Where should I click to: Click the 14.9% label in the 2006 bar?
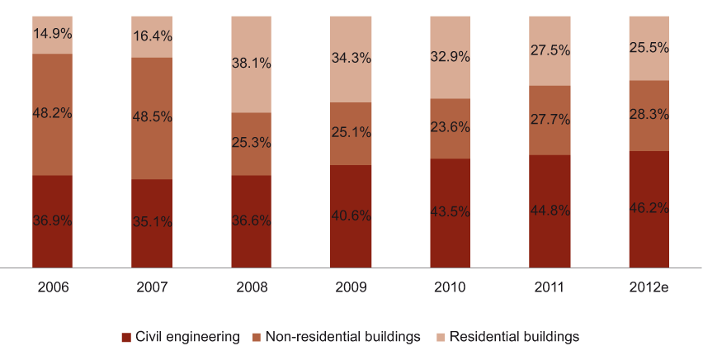click(x=53, y=35)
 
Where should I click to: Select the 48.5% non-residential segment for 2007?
click(x=152, y=118)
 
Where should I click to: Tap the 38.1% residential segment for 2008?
click(x=251, y=64)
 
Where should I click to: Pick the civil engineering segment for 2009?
click(x=351, y=216)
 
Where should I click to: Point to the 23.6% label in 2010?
click(x=450, y=128)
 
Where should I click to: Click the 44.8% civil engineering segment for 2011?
click(x=550, y=211)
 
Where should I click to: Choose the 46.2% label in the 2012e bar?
click(x=649, y=209)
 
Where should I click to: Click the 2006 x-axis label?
click(x=53, y=287)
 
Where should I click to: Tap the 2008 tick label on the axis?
click(x=251, y=287)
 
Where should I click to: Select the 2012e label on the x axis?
click(x=649, y=287)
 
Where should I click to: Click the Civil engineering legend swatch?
click(x=126, y=337)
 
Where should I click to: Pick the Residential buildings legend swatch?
click(x=441, y=337)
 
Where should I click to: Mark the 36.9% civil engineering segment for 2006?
click(x=53, y=221)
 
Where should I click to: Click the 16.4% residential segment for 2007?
click(x=152, y=36)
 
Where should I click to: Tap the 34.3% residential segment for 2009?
click(x=351, y=59)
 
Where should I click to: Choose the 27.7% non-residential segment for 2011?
click(x=550, y=121)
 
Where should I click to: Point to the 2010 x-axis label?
click(x=450, y=287)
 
